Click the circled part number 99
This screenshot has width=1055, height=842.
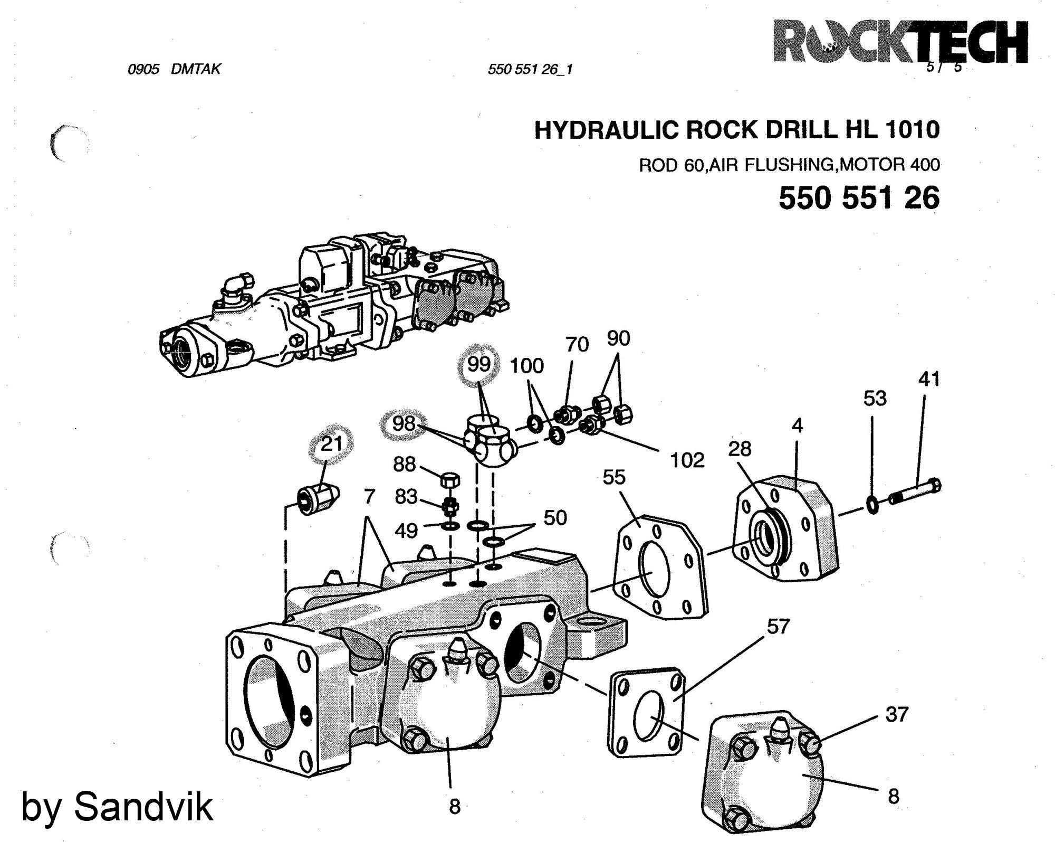[x=478, y=364]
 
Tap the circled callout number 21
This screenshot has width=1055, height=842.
[x=332, y=444]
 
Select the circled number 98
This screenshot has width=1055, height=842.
[x=404, y=423]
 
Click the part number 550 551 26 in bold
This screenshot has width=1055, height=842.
[x=859, y=198]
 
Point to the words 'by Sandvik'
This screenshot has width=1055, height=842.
[x=117, y=807]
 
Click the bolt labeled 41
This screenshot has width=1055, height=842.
[x=915, y=492]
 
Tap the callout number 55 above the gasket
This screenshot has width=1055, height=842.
[x=613, y=477]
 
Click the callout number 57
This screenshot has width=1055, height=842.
[x=778, y=627]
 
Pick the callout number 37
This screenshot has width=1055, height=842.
[x=897, y=714]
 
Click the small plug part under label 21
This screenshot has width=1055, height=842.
[x=318, y=497]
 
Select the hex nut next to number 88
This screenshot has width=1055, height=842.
[x=449, y=480]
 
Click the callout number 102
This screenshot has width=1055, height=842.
[x=687, y=460]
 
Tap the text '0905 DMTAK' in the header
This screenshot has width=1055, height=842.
[x=174, y=69]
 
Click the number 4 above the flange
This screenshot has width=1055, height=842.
[x=797, y=425]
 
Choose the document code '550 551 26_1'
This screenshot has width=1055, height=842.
[x=530, y=70]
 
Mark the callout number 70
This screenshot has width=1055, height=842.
[x=577, y=345]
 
